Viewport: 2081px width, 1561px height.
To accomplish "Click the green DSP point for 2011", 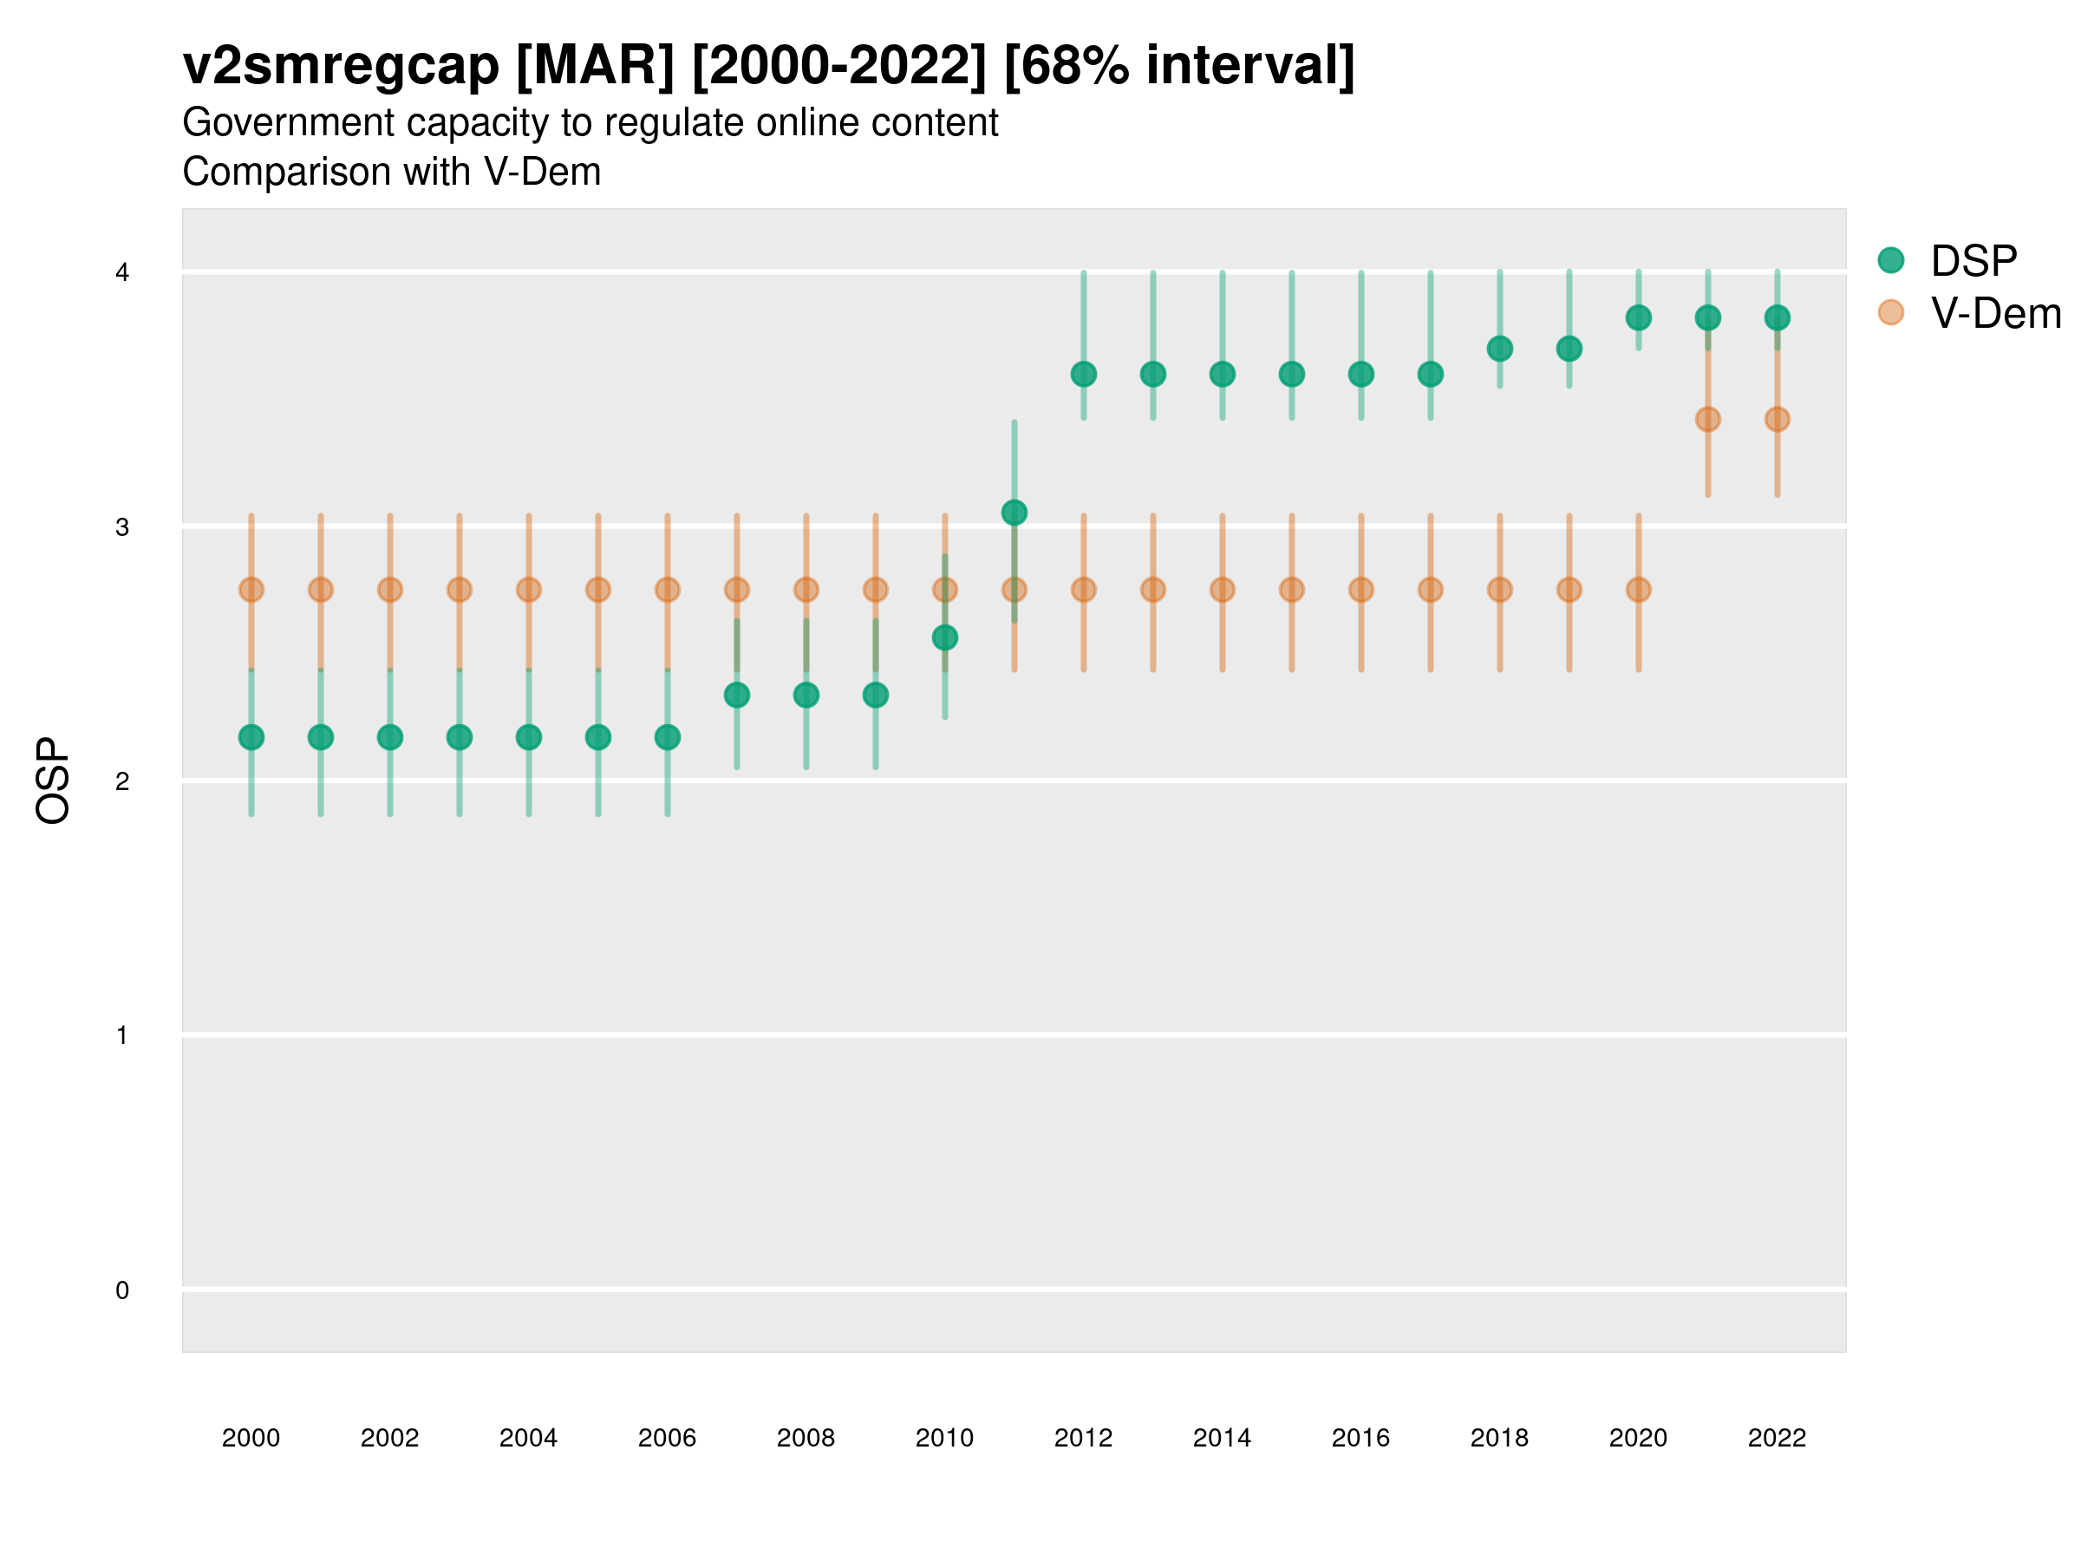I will (x=1014, y=513).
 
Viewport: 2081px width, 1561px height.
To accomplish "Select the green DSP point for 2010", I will (x=944, y=638).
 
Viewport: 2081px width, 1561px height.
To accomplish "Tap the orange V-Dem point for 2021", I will (x=1707, y=420).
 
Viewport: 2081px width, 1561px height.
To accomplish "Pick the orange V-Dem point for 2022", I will (x=1778, y=420).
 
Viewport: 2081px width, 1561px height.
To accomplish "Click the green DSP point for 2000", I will (x=251, y=738).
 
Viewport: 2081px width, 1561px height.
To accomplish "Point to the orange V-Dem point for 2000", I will (x=251, y=590).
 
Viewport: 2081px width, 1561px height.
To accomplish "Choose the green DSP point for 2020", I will (x=1638, y=318).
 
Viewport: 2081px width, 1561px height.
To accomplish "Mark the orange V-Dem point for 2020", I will (x=1638, y=590).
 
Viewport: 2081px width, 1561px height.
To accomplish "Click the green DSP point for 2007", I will (x=737, y=696).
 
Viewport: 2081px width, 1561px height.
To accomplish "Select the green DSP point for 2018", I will (x=1499, y=349).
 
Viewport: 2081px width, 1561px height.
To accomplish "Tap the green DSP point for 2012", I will (x=1084, y=375).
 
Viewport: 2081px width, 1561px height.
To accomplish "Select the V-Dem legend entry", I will (x=1993, y=312).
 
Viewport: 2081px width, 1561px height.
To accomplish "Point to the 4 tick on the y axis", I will (x=122, y=273).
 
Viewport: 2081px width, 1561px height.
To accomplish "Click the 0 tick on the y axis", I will (x=122, y=1291).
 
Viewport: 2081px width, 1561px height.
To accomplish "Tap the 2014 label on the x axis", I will (x=1222, y=1438).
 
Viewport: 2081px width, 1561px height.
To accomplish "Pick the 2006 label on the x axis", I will (x=667, y=1438).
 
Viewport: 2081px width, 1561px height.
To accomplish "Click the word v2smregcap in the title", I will (x=341, y=66).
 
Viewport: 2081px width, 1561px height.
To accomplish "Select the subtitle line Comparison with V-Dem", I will (x=391, y=173).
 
